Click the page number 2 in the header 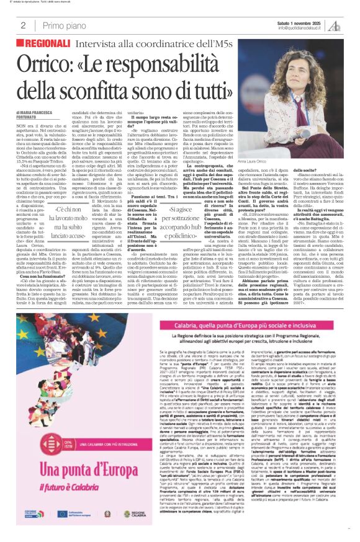tap(22, 25)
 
